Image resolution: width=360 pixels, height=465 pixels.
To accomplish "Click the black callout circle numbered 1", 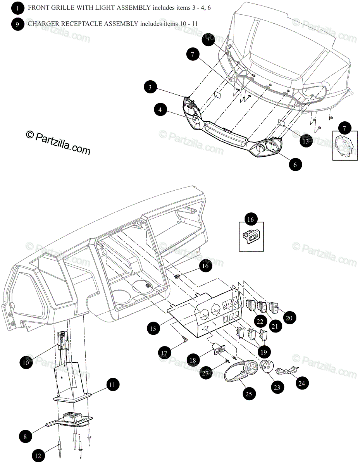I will (x=17, y=7).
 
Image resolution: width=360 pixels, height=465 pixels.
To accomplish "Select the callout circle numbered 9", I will (x=17, y=24).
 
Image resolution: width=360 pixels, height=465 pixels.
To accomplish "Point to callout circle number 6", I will (x=295, y=164).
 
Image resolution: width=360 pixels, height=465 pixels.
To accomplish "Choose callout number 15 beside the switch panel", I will (x=153, y=329).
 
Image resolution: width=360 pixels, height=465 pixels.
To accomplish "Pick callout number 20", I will (x=289, y=318).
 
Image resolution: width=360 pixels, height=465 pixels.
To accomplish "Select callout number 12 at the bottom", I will (x=38, y=456).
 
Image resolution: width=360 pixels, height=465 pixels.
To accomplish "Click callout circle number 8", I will (x=25, y=437).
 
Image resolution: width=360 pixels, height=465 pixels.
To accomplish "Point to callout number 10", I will (x=26, y=363).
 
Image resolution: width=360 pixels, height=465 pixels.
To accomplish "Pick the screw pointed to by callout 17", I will (x=184, y=340).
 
